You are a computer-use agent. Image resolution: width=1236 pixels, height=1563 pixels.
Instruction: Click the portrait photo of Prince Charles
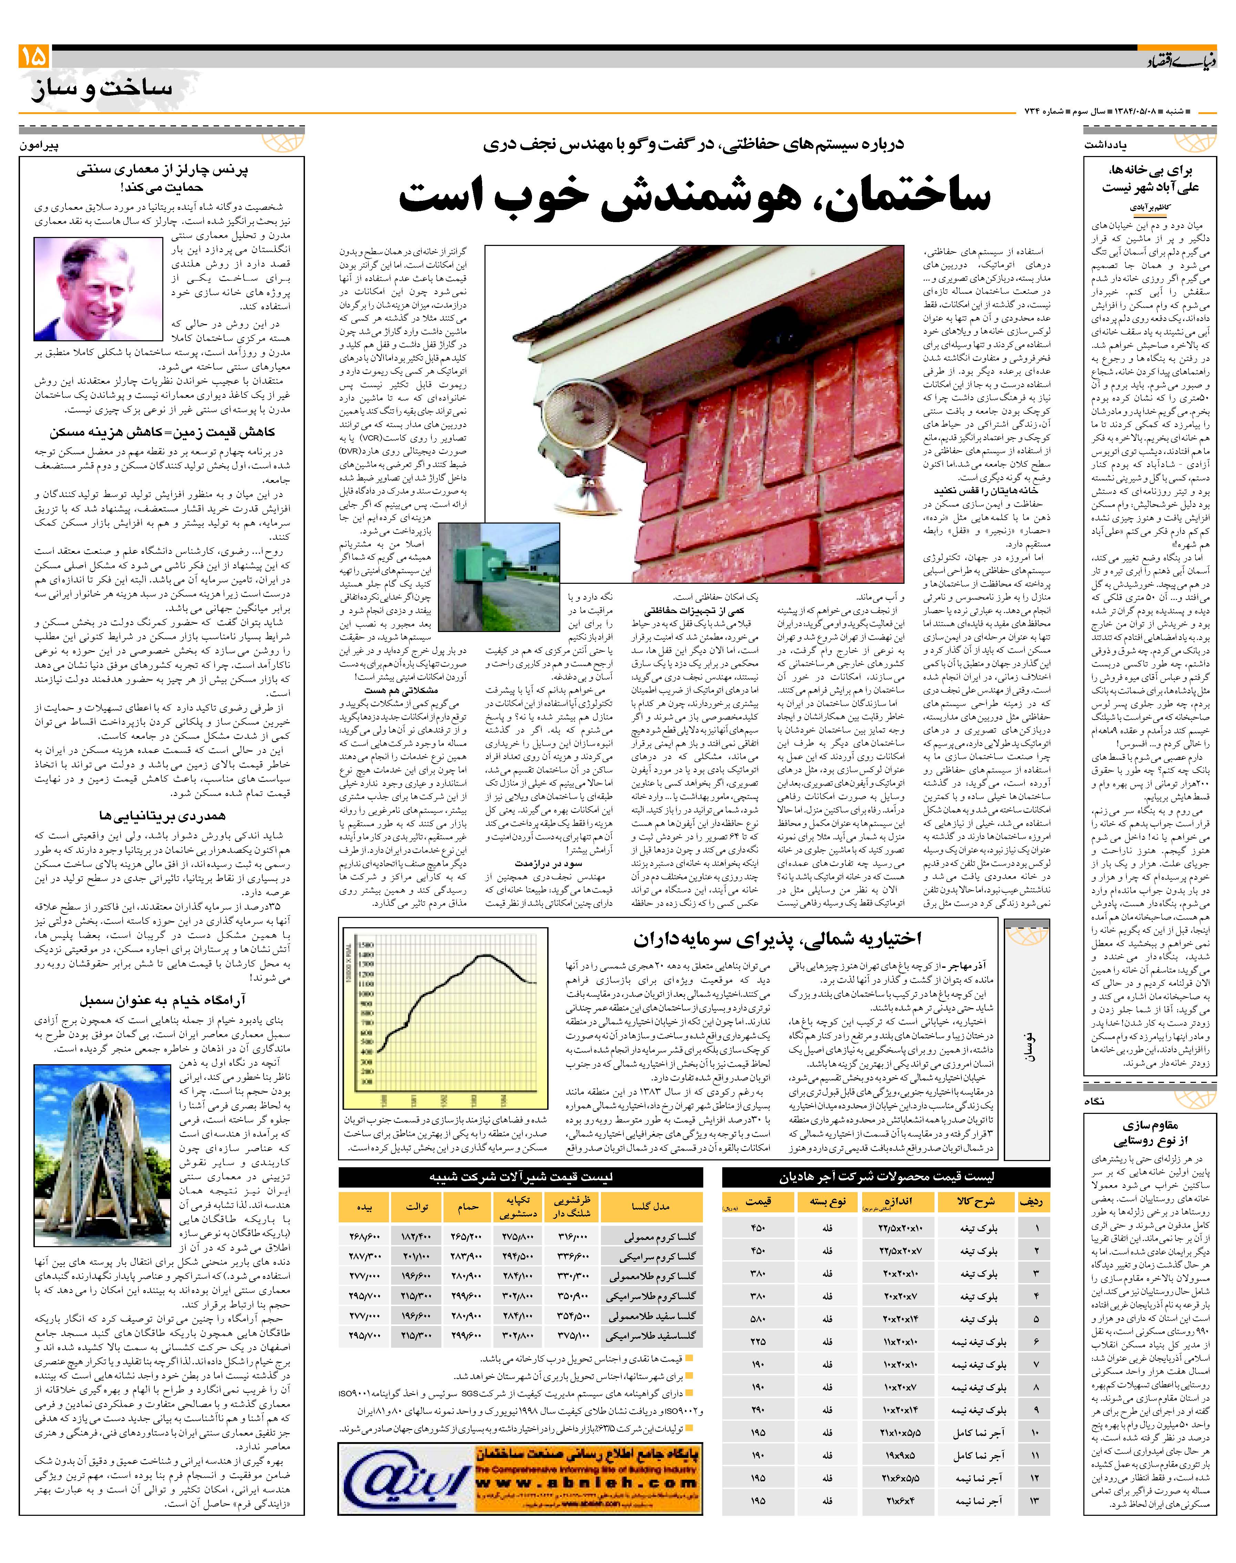[98, 289]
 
